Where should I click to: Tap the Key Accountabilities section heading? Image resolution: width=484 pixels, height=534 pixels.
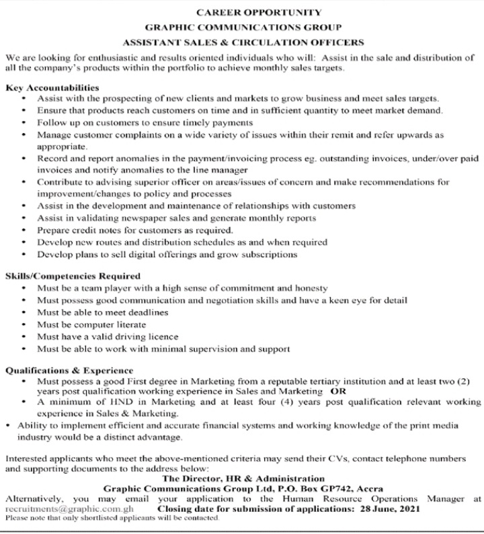point(52,87)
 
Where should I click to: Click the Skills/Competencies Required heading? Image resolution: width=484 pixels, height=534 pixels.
point(73,275)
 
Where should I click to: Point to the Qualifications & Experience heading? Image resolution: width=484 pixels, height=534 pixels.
point(69,370)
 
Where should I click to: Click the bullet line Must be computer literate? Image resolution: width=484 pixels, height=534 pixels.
point(91,324)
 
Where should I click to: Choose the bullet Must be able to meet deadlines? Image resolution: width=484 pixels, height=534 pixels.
point(102,312)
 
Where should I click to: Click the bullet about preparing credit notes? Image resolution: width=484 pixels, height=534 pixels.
point(135,230)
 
